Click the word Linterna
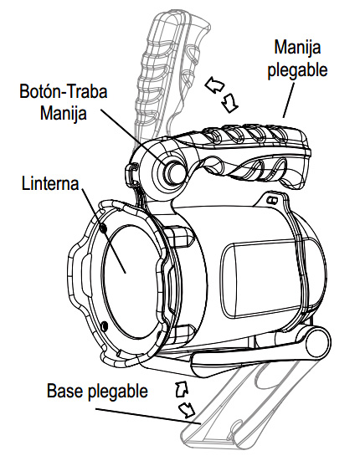click(50, 184)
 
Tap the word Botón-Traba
click(64, 91)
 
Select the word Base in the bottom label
click(64, 391)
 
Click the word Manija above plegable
click(297, 47)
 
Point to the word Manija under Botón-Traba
click(64, 113)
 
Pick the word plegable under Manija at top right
click(297, 70)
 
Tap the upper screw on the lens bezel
click(103, 228)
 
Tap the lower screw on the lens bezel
click(104, 325)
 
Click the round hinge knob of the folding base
click(317, 343)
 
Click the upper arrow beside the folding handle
click(214, 85)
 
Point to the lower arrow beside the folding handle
click(229, 103)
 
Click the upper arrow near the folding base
click(182, 389)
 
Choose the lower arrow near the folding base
click(187, 410)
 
